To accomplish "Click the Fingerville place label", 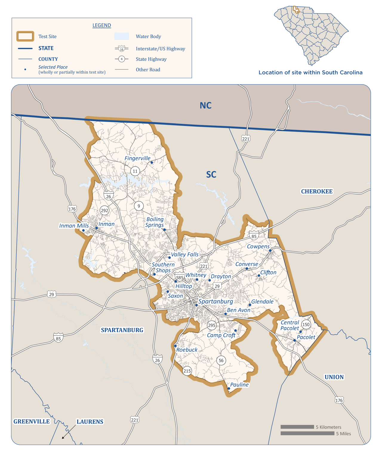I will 137,158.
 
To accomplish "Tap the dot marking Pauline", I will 229,388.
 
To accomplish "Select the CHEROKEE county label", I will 317,191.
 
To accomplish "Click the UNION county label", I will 334,377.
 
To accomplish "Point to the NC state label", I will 206,106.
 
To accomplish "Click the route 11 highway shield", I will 135,171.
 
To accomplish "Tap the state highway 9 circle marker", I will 139,206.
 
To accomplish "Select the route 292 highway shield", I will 104,211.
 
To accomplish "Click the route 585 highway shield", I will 180,277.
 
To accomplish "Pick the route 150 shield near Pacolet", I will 306,324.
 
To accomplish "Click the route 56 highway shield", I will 221,360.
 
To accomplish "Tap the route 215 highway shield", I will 187,371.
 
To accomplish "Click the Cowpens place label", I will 258,246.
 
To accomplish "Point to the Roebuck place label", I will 187,350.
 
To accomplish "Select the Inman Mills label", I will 74,226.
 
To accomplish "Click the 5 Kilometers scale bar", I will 297,427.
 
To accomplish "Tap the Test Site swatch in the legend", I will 25,36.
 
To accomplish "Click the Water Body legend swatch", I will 122,36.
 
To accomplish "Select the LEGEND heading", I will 102,25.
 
